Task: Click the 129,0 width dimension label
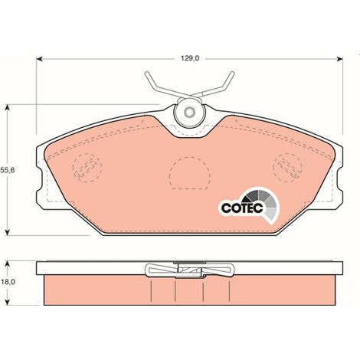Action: [190, 58]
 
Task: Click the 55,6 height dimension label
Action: [7, 170]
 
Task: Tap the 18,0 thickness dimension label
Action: [8, 282]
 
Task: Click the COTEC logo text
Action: [242, 208]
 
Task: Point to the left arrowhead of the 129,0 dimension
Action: [39, 59]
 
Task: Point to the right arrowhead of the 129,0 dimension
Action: [340, 59]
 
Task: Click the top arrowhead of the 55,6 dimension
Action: [8, 107]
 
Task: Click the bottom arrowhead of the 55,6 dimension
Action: [8, 232]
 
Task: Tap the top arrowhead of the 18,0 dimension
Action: [8, 263]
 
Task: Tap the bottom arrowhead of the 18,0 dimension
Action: [8, 302]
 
